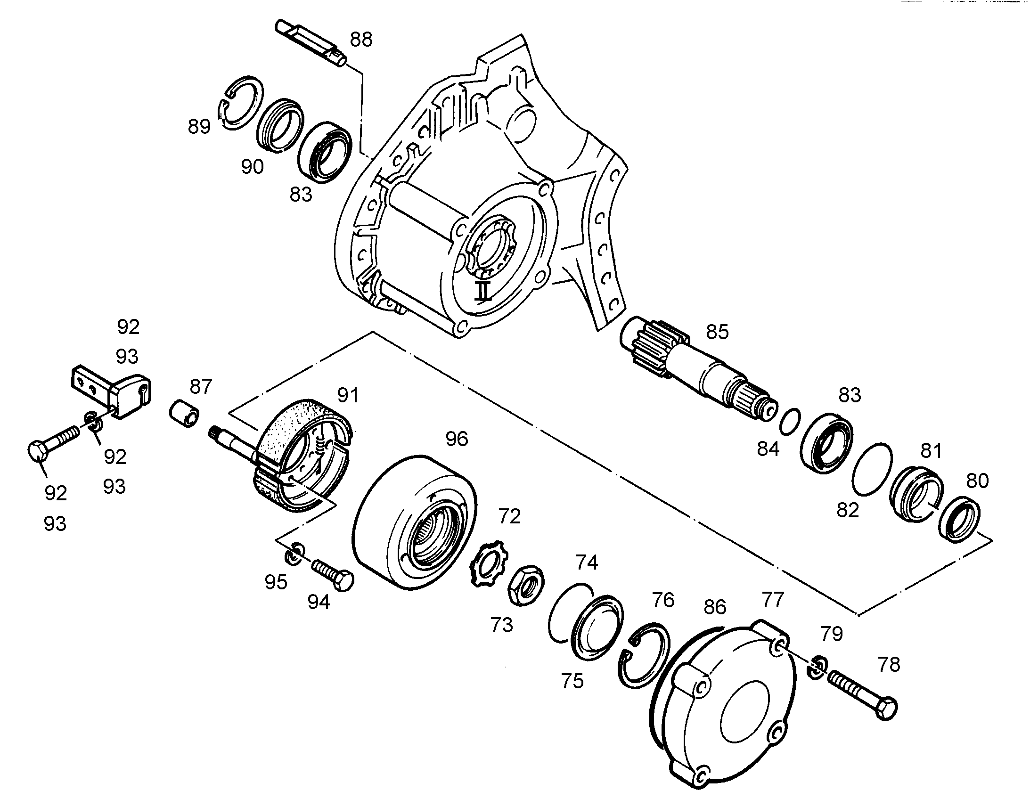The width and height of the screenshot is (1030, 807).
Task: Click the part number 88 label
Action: pyautogui.click(x=361, y=40)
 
